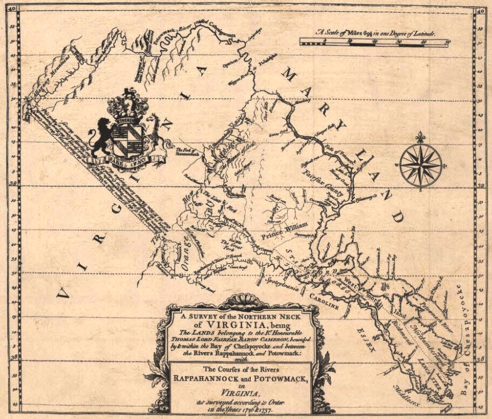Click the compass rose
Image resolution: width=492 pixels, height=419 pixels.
click(x=421, y=165)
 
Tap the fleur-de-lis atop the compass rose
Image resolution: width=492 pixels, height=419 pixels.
click(x=421, y=137)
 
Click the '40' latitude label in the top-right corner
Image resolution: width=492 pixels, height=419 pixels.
click(x=478, y=7)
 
